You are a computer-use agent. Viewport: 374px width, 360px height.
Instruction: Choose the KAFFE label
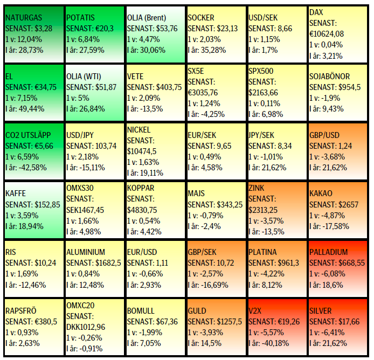pos(15,193)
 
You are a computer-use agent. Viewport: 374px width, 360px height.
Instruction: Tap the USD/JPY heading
pos(80,135)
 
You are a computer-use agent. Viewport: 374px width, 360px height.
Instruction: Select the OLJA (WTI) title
pos(86,77)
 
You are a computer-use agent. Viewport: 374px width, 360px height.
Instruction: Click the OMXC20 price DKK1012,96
pos(86,327)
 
